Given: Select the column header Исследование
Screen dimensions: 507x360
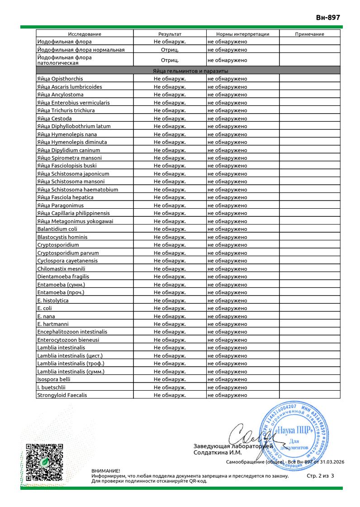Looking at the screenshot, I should click(85, 34).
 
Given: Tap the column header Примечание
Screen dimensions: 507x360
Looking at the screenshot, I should click(309, 34).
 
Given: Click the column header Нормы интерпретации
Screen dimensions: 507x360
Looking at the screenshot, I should click(242, 34).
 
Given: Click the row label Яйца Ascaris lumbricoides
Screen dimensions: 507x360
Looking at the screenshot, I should click(70, 87).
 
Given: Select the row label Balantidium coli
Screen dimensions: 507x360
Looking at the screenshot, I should click(54, 229).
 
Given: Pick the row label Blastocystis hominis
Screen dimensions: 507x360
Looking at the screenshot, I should click(62, 237).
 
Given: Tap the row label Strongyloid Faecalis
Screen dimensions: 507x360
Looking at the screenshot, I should click(62, 395).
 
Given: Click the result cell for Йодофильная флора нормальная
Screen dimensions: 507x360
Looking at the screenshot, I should click(170, 49).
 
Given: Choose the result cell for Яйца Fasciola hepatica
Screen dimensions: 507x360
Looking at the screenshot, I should click(170, 197).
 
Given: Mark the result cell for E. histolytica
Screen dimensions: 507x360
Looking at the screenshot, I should click(170, 300).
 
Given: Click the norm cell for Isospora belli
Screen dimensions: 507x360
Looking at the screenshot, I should click(227, 379).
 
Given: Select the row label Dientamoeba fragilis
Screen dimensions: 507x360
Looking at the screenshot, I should click(63, 276).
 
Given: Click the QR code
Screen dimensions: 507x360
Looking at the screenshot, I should click(44, 462).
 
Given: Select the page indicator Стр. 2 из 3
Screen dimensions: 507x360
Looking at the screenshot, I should click(320, 476).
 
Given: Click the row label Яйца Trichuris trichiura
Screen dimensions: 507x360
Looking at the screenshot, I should click(66, 110).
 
